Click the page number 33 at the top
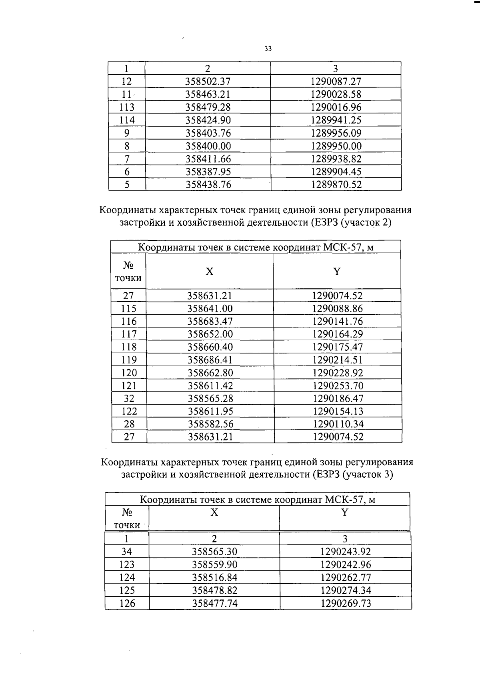click(268, 49)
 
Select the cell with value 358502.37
click(208, 81)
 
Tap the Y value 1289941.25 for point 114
click(336, 120)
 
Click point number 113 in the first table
click(127, 107)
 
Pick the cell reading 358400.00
click(208, 146)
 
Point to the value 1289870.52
click(336, 185)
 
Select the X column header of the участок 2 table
click(210, 272)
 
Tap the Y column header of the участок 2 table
click(337, 272)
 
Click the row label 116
click(129, 322)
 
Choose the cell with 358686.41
click(210, 360)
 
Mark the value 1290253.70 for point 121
click(338, 386)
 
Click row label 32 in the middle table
click(129, 399)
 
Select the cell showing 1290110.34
click(338, 424)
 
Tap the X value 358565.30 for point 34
click(214, 552)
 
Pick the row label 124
click(127, 578)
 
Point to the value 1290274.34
click(346, 590)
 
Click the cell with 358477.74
click(215, 603)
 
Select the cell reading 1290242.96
click(346, 565)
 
